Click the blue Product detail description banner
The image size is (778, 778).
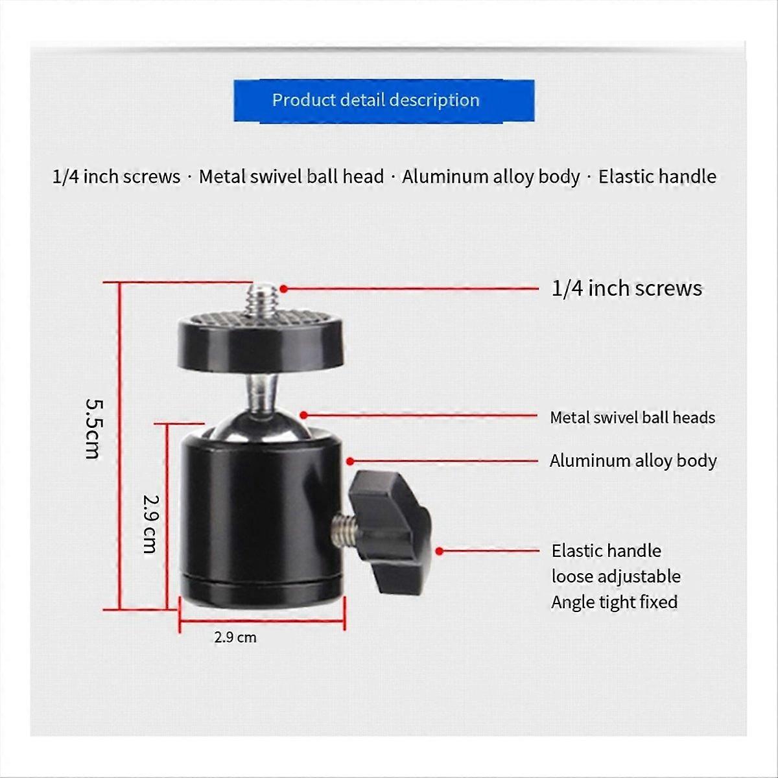tap(384, 100)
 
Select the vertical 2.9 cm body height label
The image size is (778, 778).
tap(150, 523)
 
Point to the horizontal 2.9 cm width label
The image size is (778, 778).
tap(235, 637)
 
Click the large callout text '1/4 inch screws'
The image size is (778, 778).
tap(626, 289)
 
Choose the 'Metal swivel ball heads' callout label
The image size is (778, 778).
tap(632, 418)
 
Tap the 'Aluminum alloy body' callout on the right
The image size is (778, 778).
tap(633, 461)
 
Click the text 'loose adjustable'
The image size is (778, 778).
tap(615, 576)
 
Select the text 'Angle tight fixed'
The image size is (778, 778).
tap(614, 602)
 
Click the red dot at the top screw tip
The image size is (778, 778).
tap(283, 289)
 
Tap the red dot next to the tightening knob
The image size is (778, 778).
tap(440, 551)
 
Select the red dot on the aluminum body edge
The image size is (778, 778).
tap(349, 462)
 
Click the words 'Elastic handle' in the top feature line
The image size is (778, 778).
tap(657, 176)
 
